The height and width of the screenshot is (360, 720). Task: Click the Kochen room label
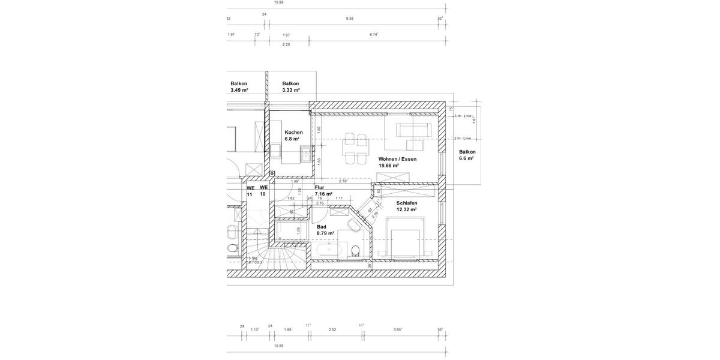pyautogui.click(x=293, y=135)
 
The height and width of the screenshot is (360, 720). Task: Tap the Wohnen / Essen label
pyautogui.click(x=397, y=162)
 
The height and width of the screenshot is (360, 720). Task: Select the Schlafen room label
pyautogui.click(x=406, y=206)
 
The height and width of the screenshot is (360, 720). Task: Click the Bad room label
pyautogui.click(x=325, y=230)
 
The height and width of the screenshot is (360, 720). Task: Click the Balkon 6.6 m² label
pyautogui.click(x=467, y=155)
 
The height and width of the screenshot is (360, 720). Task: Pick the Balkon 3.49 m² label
pyautogui.click(x=239, y=87)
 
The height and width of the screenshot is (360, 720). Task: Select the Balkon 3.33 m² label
pyautogui.click(x=290, y=87)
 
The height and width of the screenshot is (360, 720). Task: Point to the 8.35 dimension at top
pyautogui.click(x=350, y=19)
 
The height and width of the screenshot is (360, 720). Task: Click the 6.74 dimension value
pyautogui.click(x=374, y=34)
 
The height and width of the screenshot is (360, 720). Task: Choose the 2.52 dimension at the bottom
pyautogui.click(x=332, y=329)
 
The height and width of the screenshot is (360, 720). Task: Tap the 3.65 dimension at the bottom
pyautogui.click(x=398, y=329)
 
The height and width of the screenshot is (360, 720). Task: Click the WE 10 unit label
pyautogui.click(x=263, y=191)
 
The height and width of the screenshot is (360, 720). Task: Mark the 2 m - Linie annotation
pyautogui.click(x=463, y=138)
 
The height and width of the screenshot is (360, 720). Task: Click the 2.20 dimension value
pyautogui.click(x=286, y=44)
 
